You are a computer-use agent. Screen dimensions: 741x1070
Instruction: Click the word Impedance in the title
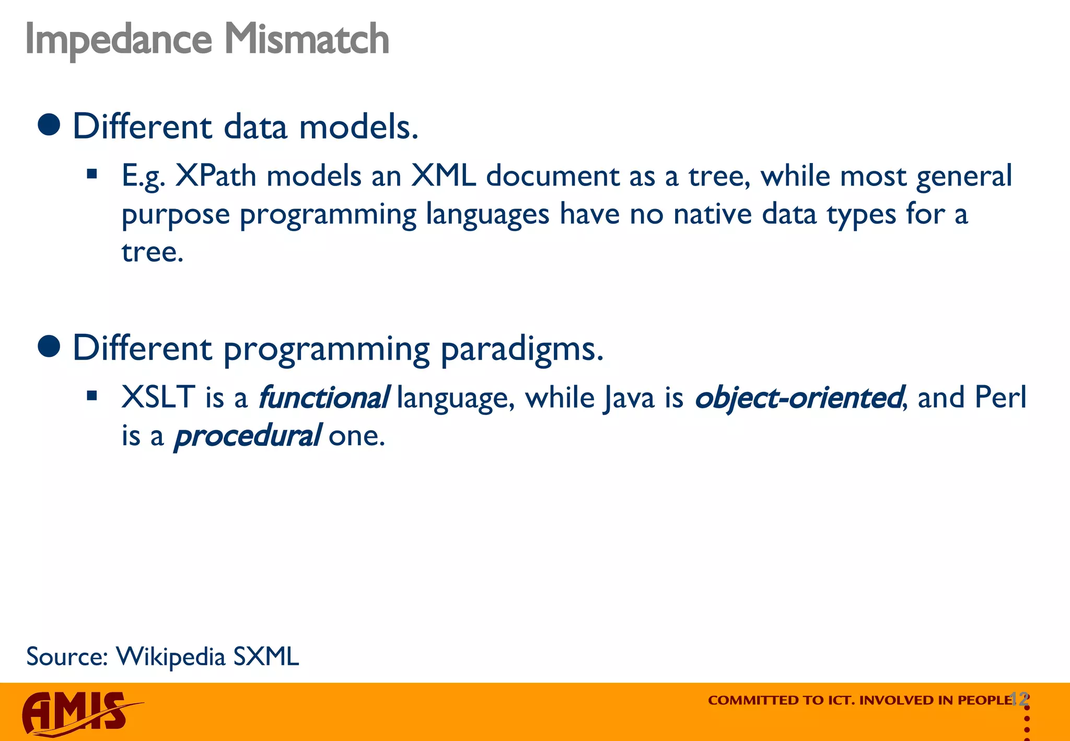(119, 40)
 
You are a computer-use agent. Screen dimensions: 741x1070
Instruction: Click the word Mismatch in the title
(307, 40)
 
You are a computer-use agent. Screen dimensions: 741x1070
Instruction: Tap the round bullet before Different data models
(50, 125)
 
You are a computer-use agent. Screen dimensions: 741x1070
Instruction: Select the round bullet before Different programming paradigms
(50, 346)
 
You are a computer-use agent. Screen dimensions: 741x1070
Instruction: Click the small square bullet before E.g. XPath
(92, 174)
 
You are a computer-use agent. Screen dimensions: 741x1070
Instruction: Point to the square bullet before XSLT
(92, 396)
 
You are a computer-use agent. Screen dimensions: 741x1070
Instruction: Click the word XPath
(215, 176)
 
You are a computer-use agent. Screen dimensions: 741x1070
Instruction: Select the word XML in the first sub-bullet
(443, 176)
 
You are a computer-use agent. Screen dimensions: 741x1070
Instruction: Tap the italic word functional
(323, 398)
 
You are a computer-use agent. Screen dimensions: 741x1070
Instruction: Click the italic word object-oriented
(798, 398)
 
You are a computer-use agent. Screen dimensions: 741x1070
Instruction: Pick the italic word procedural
(247, 436)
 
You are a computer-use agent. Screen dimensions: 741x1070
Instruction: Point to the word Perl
(1000, 398)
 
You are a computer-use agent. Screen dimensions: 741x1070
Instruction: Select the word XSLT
(158, 398)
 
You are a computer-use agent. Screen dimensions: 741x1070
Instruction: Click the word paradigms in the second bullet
(521, 349)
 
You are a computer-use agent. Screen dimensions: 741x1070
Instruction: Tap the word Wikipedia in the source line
(170, 657)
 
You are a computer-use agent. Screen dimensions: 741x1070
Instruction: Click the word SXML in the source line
(266, 657)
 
